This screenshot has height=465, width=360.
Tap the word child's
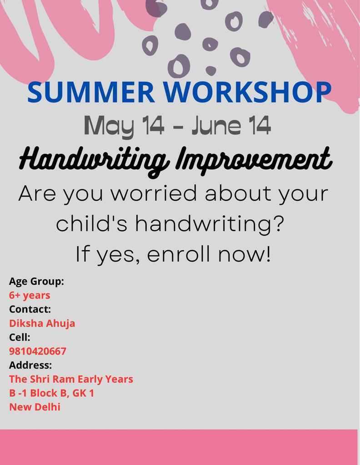pyautogui.click(x=92, y=223)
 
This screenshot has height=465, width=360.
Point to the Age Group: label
pyautogui.click(x=36, y=282)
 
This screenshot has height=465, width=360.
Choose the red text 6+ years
pyautogui.click(x=30, y=295)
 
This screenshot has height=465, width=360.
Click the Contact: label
pyautogui.click(x=30, y=309)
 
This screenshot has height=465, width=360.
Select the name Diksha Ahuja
pyautogui.click(x=42, y=323)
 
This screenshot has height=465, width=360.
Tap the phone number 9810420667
pyautogui.click(x=38, y=351)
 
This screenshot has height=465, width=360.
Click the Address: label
pyautogui.click(x=30, y=365)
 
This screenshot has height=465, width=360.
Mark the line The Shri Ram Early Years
pyautogui.click(x=71, y=379)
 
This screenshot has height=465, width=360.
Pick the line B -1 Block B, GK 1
pyautogui.click(x=52, y=393)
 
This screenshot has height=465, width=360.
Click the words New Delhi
pyautogui.click(x=35, y=407)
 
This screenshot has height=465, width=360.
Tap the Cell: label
pyautogui.click(x=20, y=337)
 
